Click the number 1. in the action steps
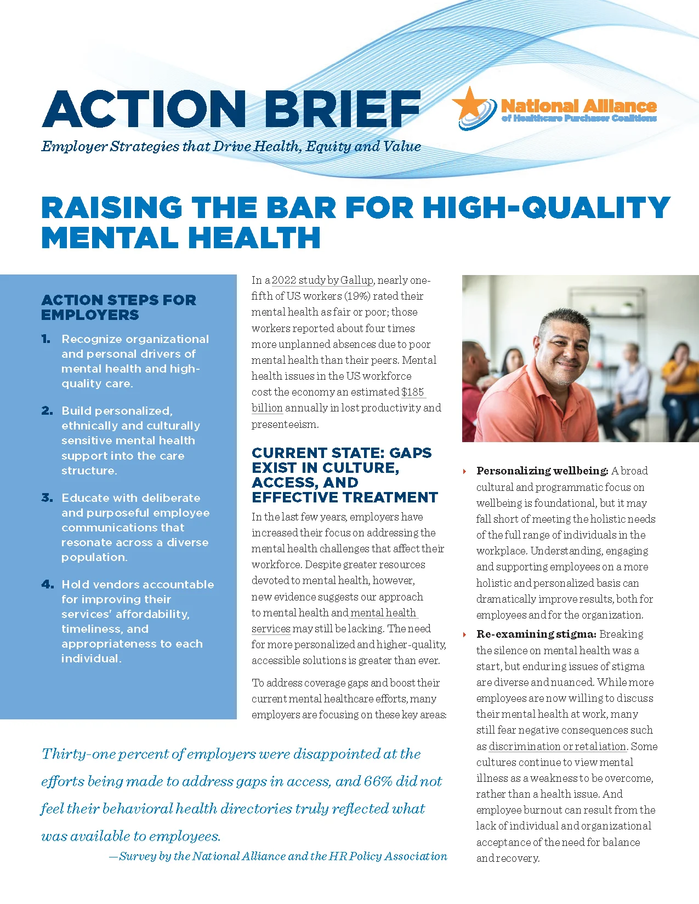click(x=47, y=339)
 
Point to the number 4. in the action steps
click(x=48, y=584)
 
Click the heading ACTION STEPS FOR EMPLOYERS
click(x=118, y=307)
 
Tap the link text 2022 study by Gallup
click(x=322, y=280)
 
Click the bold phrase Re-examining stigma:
click(x=536, y=634)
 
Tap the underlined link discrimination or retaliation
click(x=557, y=746)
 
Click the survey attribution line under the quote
click(x=278, y=856)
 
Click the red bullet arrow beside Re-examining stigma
click(x=465, y=634)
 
